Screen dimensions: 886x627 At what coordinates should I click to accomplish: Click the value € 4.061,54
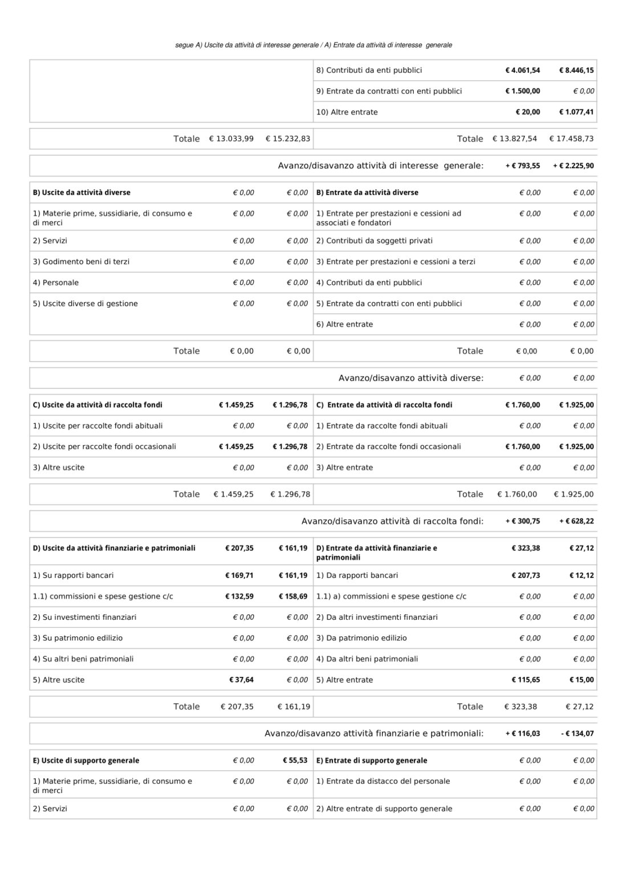[522, 71]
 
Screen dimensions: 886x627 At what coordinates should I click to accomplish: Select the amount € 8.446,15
[576, 71]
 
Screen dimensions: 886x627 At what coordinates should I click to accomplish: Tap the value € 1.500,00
[522, 91]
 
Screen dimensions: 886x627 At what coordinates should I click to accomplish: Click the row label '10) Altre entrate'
[347, 112]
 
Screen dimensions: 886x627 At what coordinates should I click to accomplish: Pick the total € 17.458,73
[571, 139]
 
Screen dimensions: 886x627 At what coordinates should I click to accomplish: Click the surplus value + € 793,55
[522, 166]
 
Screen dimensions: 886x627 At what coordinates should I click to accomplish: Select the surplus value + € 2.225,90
[573, 166]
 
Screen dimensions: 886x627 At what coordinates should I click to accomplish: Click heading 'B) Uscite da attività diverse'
[82, 193]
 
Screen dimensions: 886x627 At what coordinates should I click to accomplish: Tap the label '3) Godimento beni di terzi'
[81, 262]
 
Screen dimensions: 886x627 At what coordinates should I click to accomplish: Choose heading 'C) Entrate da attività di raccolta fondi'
[384, 405]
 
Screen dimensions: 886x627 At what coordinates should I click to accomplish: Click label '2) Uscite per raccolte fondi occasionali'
[104, 447]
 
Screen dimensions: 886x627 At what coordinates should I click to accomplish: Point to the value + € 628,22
[576, 521]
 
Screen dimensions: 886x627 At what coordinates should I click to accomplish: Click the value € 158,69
[293, 597]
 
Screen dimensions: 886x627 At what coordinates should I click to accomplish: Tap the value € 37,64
[241, 680]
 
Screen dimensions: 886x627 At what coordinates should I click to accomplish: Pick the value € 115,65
[526, 680]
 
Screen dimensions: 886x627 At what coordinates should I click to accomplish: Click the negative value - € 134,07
[577, 734]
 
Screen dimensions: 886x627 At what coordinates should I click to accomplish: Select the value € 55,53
[295, 761]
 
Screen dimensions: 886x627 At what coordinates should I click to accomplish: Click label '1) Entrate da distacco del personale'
[382, 781]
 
